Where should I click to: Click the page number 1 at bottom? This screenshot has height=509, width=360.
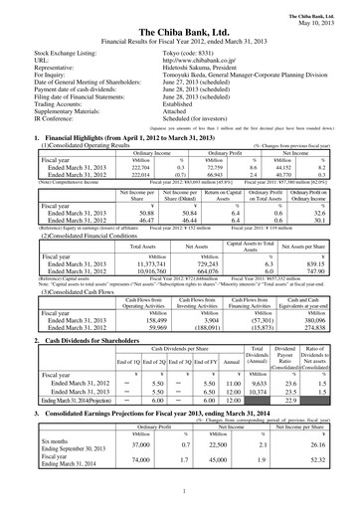[180, 490]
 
